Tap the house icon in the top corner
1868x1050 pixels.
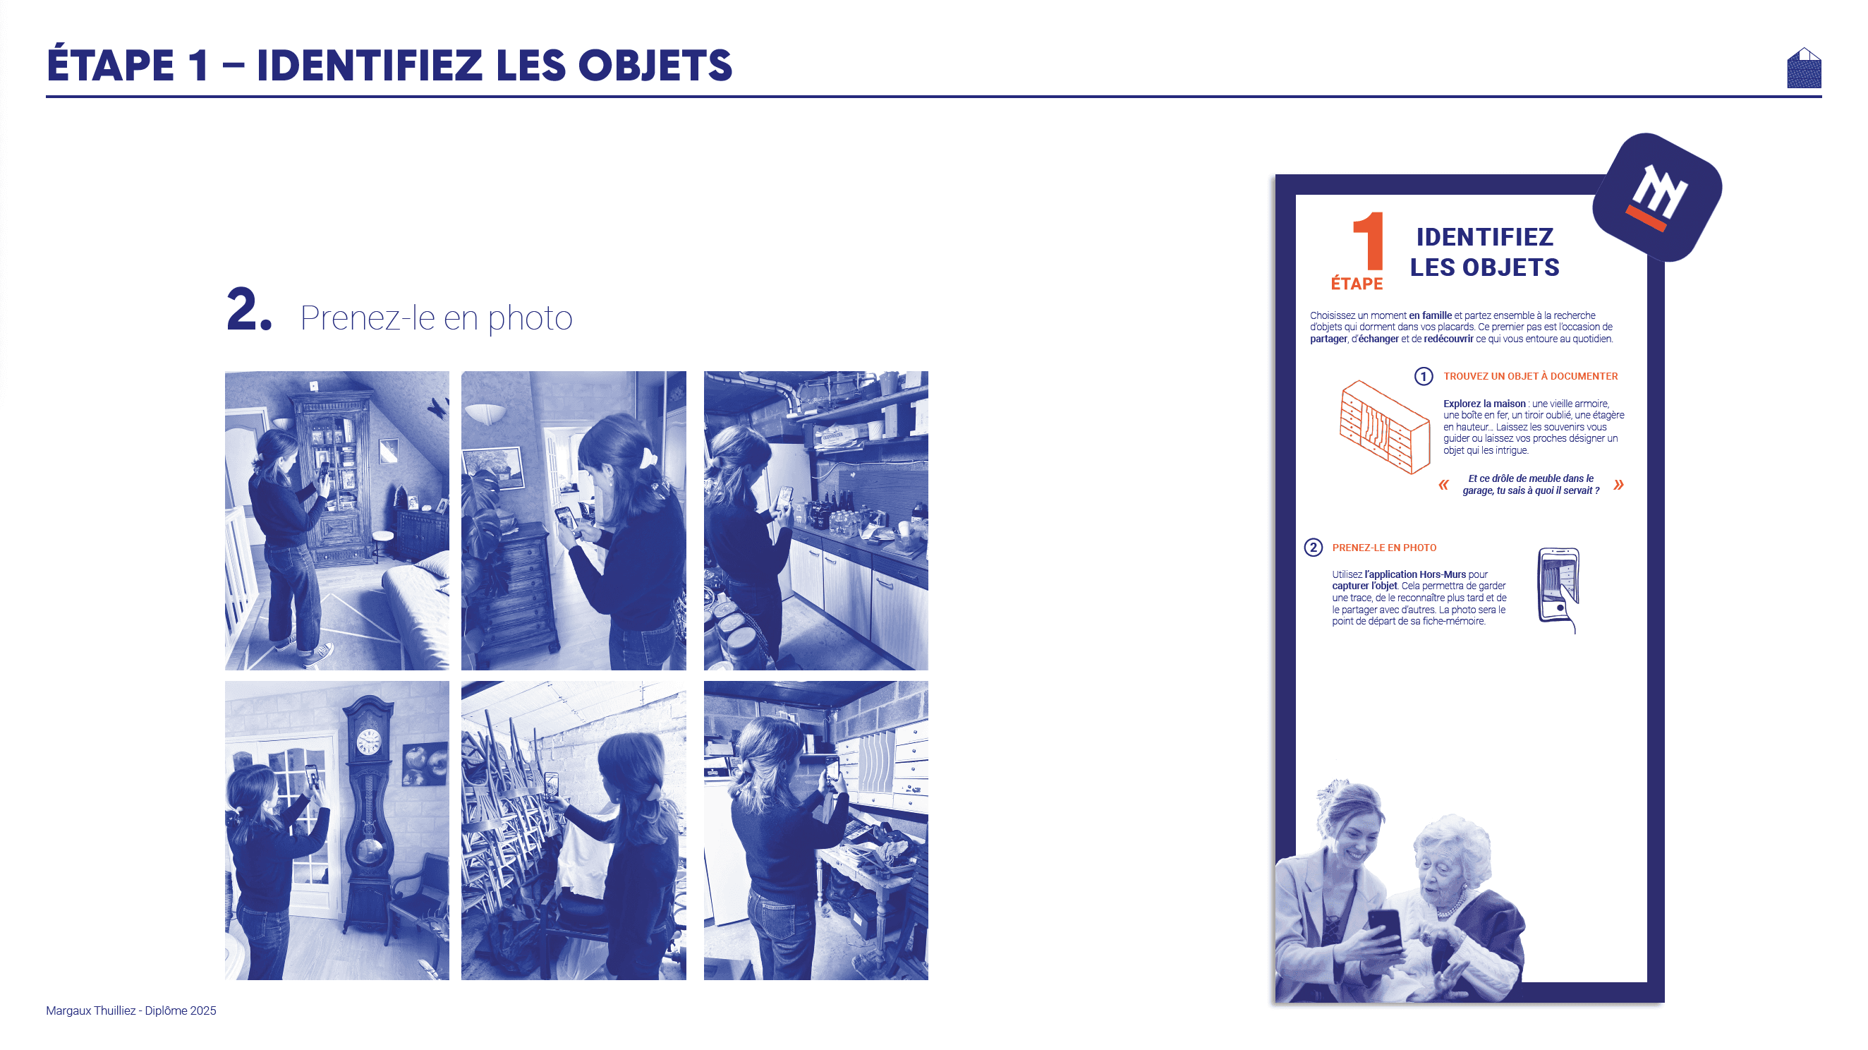click(x=1804, y=68)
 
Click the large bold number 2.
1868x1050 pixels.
click(x=249, y=309)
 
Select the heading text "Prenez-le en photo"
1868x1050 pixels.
click(x=436, y=318)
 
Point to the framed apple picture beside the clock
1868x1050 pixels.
click(x=424, y=764)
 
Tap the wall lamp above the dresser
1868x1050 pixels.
click(x=485, y=414)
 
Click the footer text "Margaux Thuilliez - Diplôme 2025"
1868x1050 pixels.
click(x=131, y=1010)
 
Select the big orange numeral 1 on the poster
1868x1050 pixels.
click(x=1369, y=240)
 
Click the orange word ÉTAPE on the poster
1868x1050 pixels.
click(x=1357, y=284)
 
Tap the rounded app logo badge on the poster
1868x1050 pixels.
click(x=1657, y=198)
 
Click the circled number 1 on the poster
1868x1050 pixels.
click(x=1423, y=375)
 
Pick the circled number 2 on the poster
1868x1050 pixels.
click(x=1313, y=548)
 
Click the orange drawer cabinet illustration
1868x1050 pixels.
click(x=1384, y=427)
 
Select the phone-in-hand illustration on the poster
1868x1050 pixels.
click(x=1558, y=589)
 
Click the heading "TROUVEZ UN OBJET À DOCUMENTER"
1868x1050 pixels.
click(x=1530, y=375)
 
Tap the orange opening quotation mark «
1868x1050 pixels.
click(x=1443, y=484)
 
